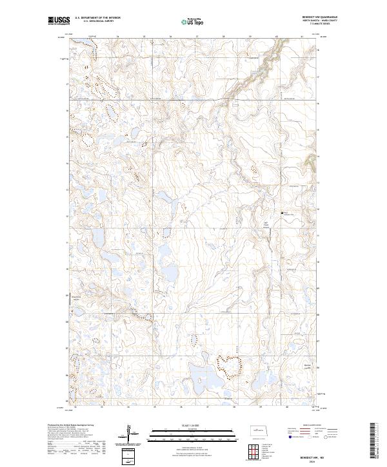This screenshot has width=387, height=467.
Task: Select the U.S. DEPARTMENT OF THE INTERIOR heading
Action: (97, 17)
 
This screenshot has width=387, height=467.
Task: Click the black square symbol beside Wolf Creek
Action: (281, 213)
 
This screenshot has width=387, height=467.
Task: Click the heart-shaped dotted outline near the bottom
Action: (228, 366)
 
